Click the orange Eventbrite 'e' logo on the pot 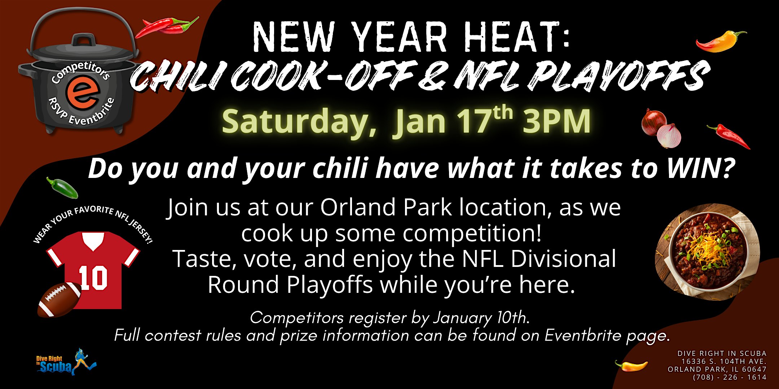(83, 92)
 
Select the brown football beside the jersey (60, 299)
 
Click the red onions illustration (661, 128)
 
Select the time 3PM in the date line (556, 121)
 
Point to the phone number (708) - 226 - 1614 (730, 377)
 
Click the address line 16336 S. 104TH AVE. (724, 361)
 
